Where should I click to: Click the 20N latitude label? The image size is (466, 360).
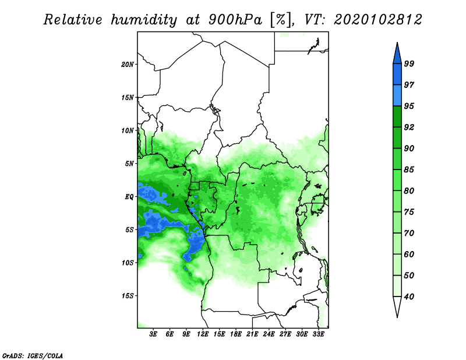coord(128,65)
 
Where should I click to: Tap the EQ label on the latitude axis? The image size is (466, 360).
coord(129,197)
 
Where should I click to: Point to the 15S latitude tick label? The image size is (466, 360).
coord(128,296)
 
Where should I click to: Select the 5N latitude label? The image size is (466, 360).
coord(129,164)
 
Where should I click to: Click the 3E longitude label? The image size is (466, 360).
coord(153,334)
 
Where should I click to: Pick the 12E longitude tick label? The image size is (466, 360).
coord(203,334)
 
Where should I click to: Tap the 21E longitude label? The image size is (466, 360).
coord(252,334)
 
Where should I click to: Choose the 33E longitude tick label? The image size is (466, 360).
coord(319,334)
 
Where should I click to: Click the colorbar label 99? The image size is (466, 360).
coord(409,63)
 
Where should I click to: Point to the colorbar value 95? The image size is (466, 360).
coord(409,106)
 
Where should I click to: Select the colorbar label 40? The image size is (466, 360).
coord(409,297)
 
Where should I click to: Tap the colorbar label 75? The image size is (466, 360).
coord(409,212)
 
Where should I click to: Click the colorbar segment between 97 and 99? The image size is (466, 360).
coord(397,75)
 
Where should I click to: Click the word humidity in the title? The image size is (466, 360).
coord(144,20)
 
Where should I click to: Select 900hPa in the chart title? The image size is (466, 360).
coord(235,20)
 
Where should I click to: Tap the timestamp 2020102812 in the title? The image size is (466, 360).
coord(377,20)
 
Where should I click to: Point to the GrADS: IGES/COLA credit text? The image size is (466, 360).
coord(33,355)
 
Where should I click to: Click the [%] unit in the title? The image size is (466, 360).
coord(281,20)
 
